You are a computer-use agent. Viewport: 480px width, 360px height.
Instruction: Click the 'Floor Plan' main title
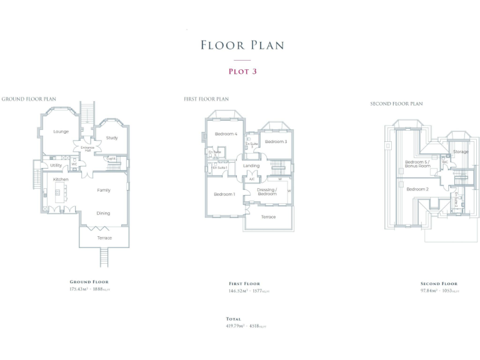[x=242, y=45]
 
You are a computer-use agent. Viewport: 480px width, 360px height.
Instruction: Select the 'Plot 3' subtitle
[x=242, y=71]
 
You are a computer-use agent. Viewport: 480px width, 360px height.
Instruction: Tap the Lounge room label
[x=61, y=132]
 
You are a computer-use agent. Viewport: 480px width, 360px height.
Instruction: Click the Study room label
[x=112, y=138]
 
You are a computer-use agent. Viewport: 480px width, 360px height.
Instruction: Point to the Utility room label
[x=56, y=166]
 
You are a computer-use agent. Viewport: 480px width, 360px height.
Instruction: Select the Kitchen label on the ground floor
[x=61, y=179]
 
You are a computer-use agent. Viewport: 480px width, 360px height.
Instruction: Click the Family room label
[x=104, y=190]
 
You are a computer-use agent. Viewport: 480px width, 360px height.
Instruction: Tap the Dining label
[x=103, y=213]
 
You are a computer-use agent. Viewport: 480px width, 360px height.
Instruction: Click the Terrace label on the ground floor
[x=104, y=238]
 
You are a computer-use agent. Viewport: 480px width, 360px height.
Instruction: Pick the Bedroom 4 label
[x=226, y=134]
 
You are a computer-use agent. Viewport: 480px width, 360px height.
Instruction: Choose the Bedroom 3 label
[x=276, y=142]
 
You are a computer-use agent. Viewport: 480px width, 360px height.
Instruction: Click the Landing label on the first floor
[x=251, y=166]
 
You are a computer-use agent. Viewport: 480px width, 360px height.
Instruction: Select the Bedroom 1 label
[x=224, y=194]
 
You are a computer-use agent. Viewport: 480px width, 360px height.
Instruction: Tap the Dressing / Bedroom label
[x=267, y=191]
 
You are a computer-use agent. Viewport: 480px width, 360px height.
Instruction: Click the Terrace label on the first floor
[x=268, y=217]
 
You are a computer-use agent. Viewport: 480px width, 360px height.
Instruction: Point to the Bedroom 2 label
[x=417, y=189]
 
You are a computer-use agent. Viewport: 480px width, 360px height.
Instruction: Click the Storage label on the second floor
[x=461, y=152]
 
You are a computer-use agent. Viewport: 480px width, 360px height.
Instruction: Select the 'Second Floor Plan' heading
[x=396, y=104]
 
